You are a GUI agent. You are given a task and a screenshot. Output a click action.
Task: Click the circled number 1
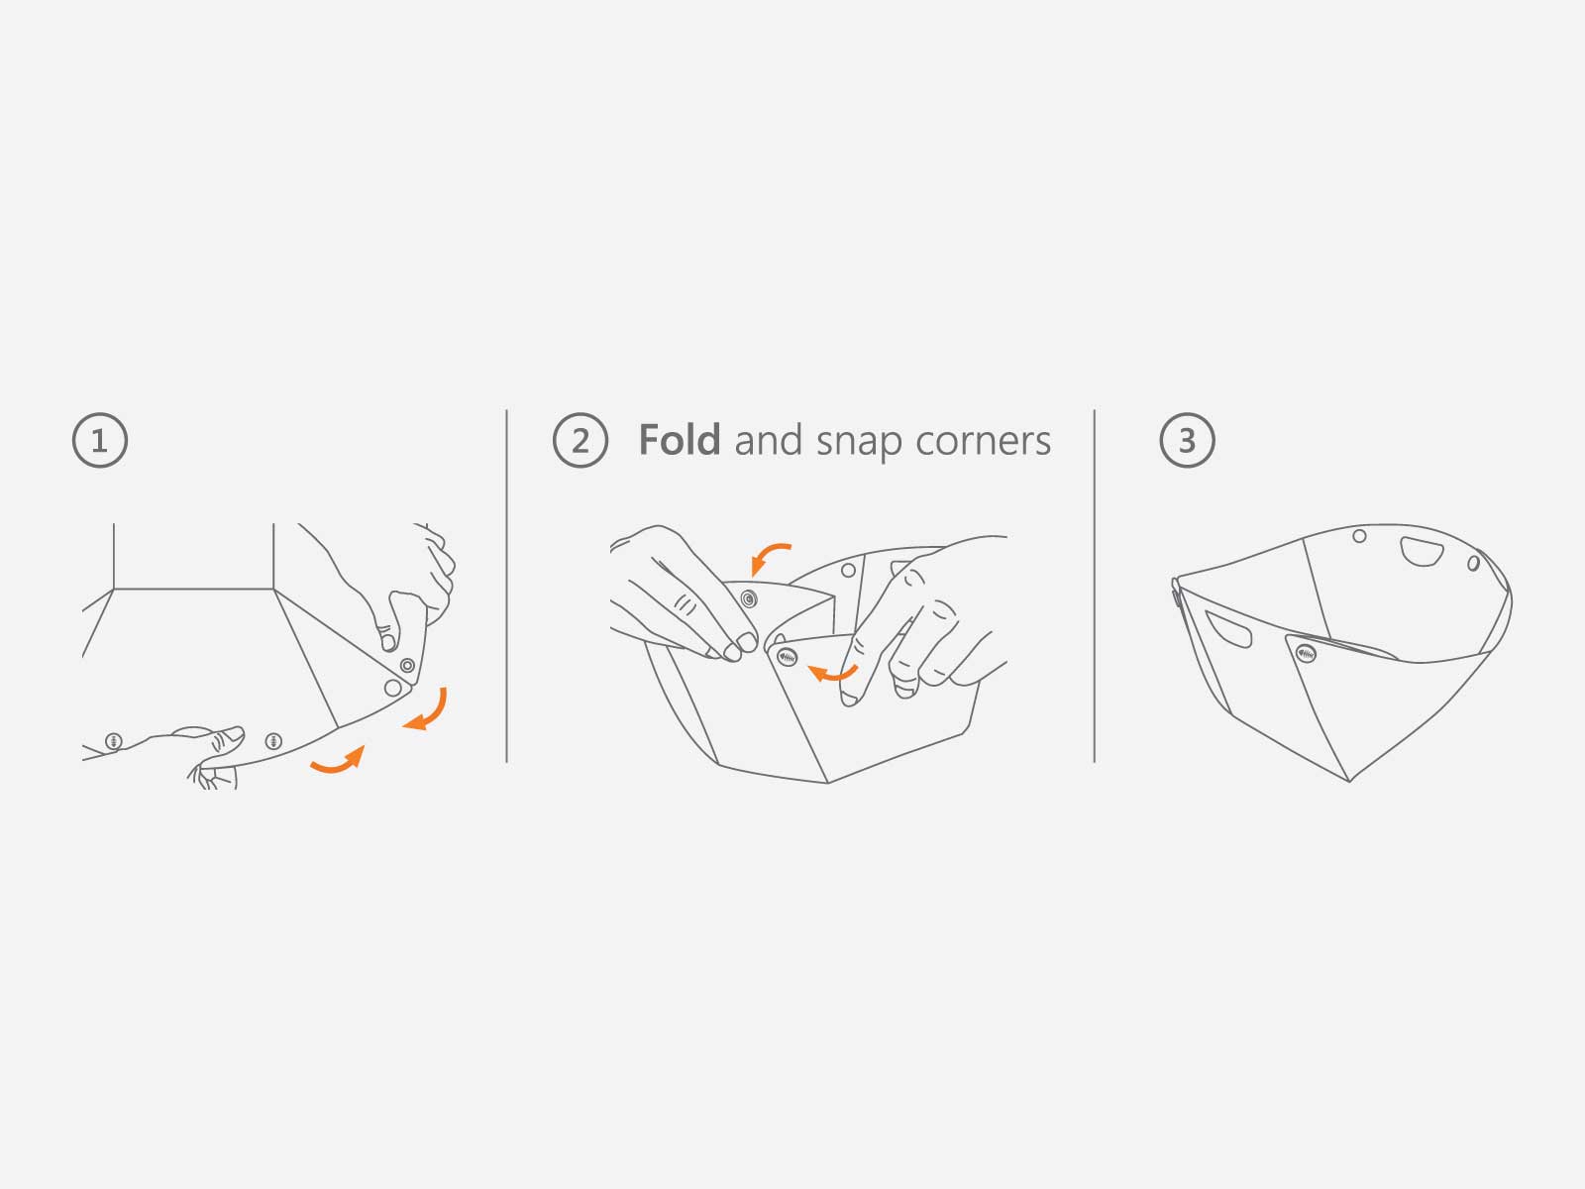[100, 440]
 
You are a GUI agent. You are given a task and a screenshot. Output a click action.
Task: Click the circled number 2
[581, 440]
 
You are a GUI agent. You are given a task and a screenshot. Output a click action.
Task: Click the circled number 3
[1187, 440]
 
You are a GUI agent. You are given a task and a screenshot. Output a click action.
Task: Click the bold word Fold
[680, 439]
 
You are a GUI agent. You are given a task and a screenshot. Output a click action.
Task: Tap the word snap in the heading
[859, 443]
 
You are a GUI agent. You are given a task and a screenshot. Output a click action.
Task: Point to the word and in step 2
[768, 440]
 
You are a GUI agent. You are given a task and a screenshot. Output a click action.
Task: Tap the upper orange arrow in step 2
[769, 557]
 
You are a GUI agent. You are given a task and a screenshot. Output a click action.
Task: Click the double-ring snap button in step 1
[407, 665]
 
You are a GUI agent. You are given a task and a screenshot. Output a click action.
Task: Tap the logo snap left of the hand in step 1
[114, 741]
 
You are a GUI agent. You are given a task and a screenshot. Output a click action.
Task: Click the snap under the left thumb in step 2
[749, 598]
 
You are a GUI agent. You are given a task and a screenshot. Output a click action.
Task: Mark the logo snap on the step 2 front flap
[787, 657]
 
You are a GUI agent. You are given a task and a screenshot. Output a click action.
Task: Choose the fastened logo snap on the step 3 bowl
[1306, 654]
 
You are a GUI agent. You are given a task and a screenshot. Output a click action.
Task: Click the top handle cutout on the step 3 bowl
[1422, 552]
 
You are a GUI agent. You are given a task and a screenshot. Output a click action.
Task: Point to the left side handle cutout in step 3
[1226, 629]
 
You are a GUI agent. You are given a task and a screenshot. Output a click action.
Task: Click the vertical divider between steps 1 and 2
[507, 587]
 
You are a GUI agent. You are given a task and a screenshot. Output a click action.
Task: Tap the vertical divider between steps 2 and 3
[1095, 587]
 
